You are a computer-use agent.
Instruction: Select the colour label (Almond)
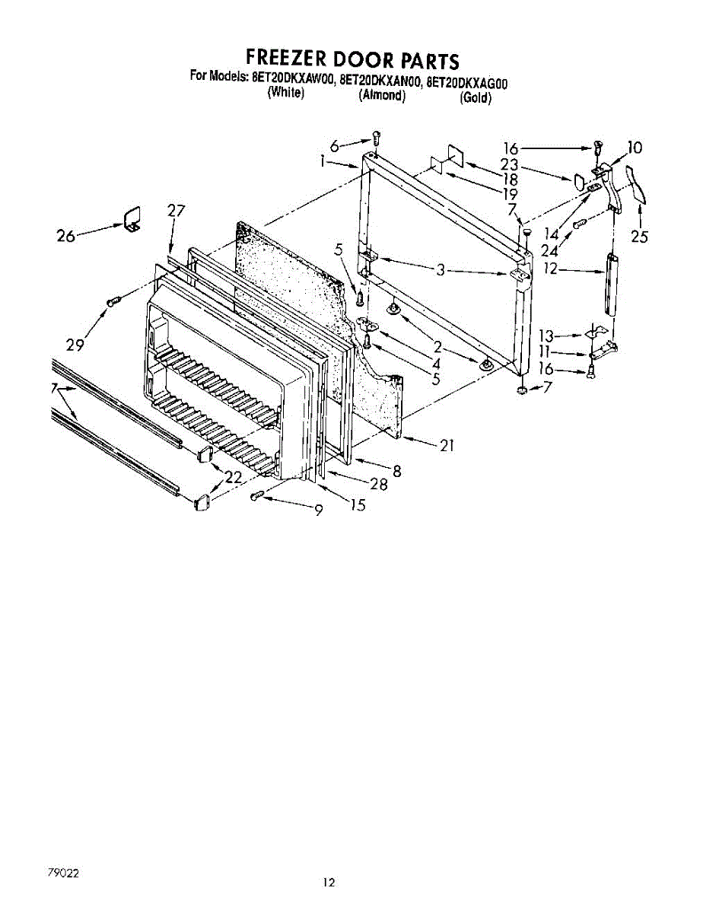(381, 96)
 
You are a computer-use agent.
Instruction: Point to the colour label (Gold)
(476, 99)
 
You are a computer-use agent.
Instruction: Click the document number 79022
(64, 873)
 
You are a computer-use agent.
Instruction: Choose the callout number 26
(66, 236)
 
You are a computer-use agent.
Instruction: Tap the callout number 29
(75, 345)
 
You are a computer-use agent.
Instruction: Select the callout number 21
(447, 445)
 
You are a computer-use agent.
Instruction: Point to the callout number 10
(634, 148)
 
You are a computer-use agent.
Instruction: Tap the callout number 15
(358, 504)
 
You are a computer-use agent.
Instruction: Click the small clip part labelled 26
(133, 216)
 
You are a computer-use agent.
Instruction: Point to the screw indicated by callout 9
(257, 496)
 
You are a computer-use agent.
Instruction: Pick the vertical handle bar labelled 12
(611, 283)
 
